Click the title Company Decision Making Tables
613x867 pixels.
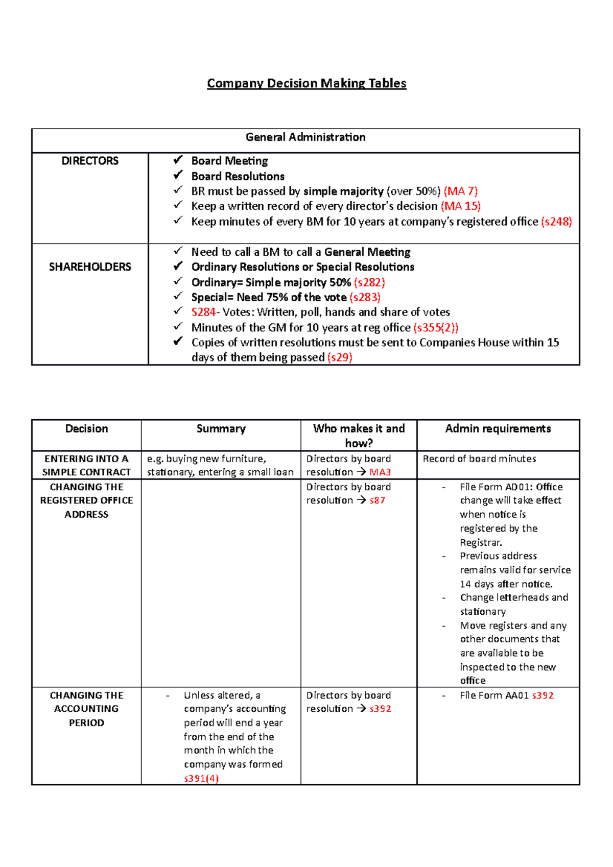coord(306,83)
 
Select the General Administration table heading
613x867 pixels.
coord(305,137)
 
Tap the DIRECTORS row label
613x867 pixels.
coord(90,161)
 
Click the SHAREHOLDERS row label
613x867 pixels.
coord(90,267)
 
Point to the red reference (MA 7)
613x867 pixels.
coord(461,191)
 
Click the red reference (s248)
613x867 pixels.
coord(556,222)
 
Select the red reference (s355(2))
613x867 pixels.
coord(436,328)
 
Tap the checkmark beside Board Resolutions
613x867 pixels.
coord(178,175)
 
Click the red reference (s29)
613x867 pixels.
coord(340,357)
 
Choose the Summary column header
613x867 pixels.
coord(221,429)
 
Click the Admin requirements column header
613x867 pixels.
coord(498,429)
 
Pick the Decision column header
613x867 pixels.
coord(86,429)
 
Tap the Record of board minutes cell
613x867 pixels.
coord(479,459)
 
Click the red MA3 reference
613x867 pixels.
coord(380,472)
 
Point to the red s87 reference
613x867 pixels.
coord(378,500)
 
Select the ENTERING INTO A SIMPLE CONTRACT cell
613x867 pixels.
coord(86,465)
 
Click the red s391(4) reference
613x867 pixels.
coord(201,779)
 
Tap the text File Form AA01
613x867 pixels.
coord(494,695)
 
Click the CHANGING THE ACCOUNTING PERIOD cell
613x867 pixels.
coord(86,709)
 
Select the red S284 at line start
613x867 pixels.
coord(203,312)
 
